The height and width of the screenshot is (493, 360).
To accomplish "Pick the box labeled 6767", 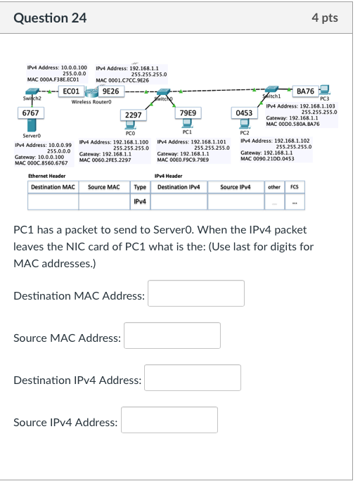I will (x=31, y=113).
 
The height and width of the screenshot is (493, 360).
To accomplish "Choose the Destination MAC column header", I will (x=53, y=187).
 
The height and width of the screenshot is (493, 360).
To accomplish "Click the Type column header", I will (x=140, y=187).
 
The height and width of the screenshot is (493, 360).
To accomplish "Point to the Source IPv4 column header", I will (x=235, y=187).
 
